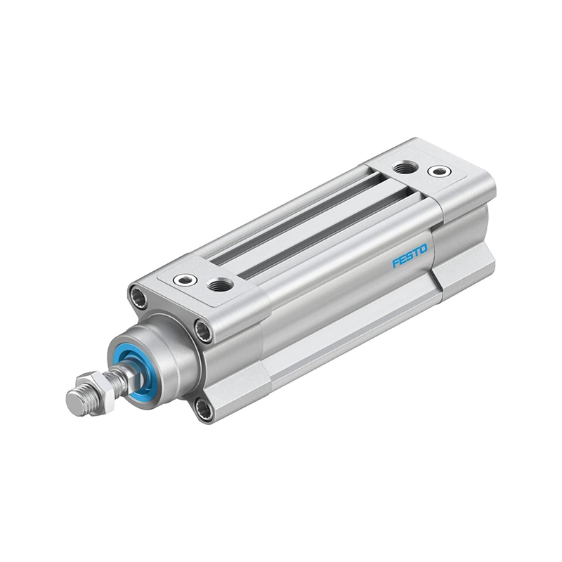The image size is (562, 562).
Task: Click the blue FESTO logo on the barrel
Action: (410, 256)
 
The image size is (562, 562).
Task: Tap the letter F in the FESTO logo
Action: (396, 262)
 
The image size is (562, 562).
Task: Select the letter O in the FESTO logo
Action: (423, 249)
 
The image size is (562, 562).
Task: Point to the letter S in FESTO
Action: (410, 256)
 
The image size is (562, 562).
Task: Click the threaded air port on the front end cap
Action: (220, 285)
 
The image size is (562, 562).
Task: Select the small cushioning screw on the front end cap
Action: (185, 279)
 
